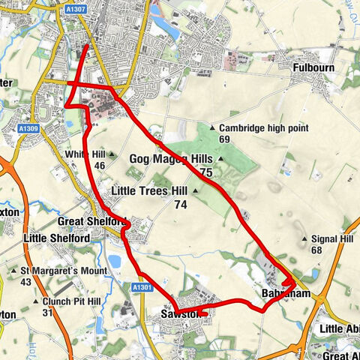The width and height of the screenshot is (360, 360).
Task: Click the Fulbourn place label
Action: click(313, 67)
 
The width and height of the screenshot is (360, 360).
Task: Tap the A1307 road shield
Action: click(75, 8)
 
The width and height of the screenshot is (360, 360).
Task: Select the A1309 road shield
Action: click(29, 129)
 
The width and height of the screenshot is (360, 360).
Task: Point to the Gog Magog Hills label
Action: click(171, 159)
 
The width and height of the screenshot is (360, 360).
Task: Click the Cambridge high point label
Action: click(263, 128)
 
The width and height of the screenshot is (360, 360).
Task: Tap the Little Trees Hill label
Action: click(148, 191)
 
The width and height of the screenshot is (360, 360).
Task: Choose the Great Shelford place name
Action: click(91, 223)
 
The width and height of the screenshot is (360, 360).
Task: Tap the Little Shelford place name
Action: click(57, 238)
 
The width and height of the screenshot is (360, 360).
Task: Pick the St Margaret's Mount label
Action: click(54, 270)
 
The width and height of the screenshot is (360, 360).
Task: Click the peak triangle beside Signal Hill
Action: click(303, 239)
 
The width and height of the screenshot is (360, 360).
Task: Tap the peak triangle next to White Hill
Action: click(112, 154)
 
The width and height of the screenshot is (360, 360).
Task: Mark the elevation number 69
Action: click(224, 139)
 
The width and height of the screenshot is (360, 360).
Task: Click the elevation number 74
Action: click(180, 205)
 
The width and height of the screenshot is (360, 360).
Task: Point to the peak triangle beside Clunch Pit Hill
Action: click(35, 301)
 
